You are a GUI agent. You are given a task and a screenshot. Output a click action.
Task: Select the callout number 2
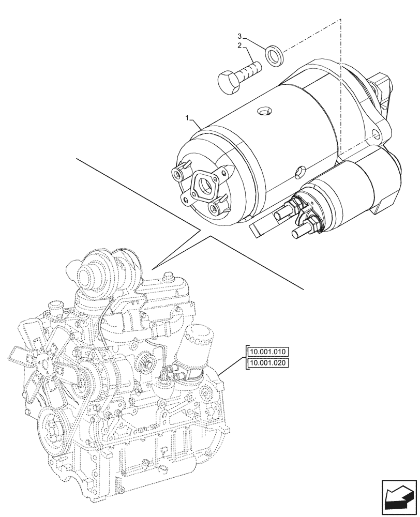click(x=239, y=46)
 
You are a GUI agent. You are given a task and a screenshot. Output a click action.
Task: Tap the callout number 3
click(x=239, y=36)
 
